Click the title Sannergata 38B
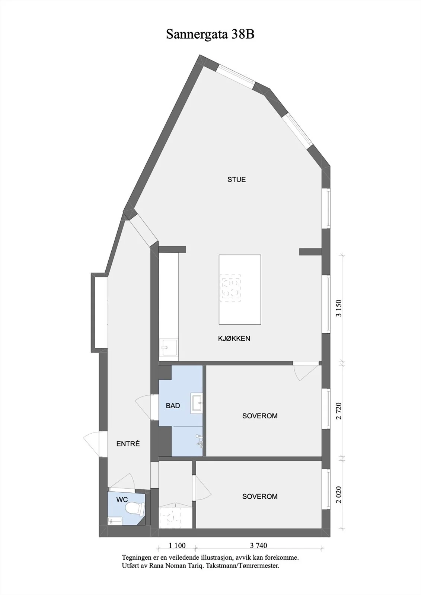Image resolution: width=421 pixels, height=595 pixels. [210, 34]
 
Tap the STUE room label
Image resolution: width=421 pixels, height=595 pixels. [236, 180]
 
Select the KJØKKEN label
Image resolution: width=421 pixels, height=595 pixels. [234, 338]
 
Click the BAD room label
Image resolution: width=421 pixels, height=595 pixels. [173, 406]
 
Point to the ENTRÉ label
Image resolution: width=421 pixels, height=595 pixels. [128, 444]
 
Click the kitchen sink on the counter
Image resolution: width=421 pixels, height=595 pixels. [169, 347]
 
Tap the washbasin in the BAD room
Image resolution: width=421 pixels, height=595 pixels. [197, 403]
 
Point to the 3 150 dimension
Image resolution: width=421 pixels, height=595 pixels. [339, 308]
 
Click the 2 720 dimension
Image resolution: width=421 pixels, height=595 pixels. [339, 411]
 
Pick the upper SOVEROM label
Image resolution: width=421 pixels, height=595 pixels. [260, 416]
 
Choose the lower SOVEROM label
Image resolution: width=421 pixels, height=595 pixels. [260, 496]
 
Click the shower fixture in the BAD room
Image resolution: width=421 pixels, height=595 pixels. [200, 441]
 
